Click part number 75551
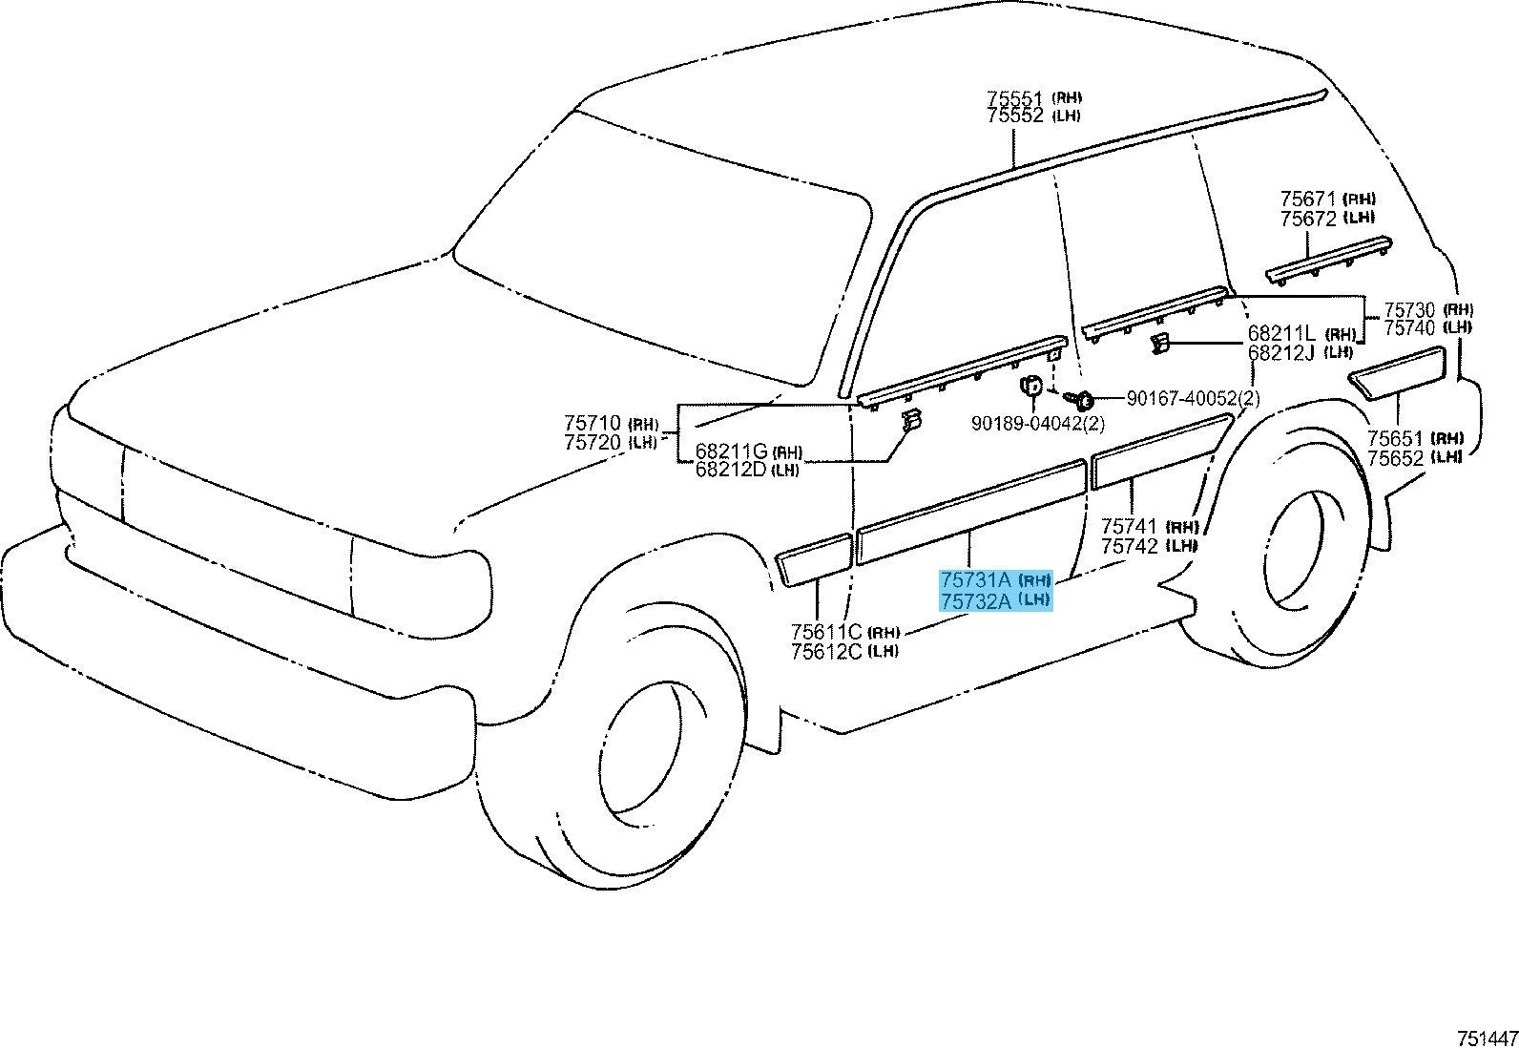tap(1016, 98)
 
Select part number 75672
tap(1308, 219)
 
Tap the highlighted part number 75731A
tap(975, 579)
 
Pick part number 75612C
tap(826, 651)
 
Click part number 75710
tap(593, 422)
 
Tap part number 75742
tap(1130, 546)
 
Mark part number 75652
tap(1395, 458)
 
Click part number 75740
tap(1410, 327)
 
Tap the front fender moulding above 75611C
tap(814, 559)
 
